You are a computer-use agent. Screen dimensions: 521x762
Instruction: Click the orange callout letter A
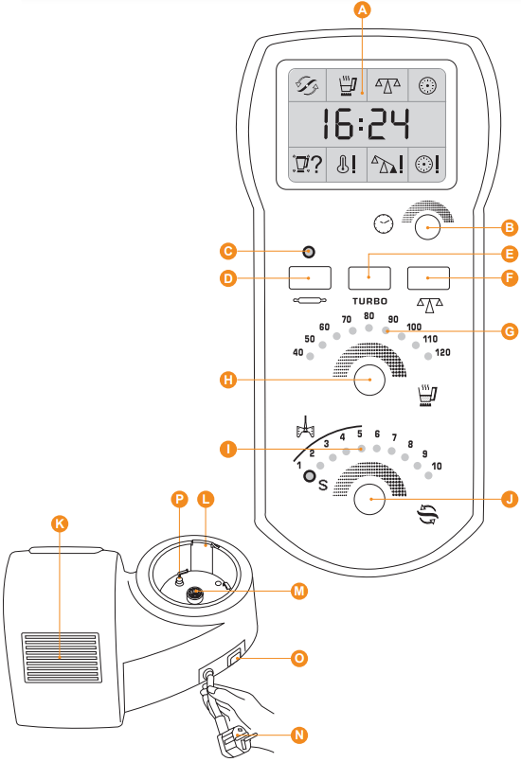click(x=362, y=9)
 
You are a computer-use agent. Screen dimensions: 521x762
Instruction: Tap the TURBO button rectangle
click(x=369, y=278)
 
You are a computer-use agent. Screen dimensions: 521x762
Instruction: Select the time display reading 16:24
click(x=365, y=124)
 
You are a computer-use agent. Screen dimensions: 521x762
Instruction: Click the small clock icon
click(x=384, y=223)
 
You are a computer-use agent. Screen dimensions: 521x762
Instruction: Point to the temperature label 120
click(x=442, y=352)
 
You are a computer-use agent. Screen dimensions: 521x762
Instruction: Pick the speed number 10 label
click(x=437, y=466)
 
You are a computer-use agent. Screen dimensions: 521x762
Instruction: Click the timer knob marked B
click(x=427, y=227)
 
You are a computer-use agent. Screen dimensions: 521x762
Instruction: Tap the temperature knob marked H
click(x=369, y=380)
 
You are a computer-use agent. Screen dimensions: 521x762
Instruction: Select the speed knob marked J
click(x=369, y=499)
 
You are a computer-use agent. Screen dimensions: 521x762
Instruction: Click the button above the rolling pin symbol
click(x=310, y=278)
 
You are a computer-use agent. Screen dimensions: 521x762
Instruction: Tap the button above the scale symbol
click(x=428, y=278)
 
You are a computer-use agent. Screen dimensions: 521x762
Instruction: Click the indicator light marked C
click(x=309, y=252)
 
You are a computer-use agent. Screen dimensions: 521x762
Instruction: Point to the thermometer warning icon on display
click(x=347, y=165)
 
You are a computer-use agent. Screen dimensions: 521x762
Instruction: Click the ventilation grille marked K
click(x=61, y=658)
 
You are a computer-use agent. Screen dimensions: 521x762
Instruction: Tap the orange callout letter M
click(x=299, y=591)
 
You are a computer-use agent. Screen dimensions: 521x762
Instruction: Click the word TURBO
click(x=369, y=301)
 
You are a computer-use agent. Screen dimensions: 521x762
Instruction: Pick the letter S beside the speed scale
click(x=323, y=485)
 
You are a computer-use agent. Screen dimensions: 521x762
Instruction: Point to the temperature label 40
click(x=297, y=352)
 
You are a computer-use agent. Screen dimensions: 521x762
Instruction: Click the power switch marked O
click(x=236, y=656)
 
